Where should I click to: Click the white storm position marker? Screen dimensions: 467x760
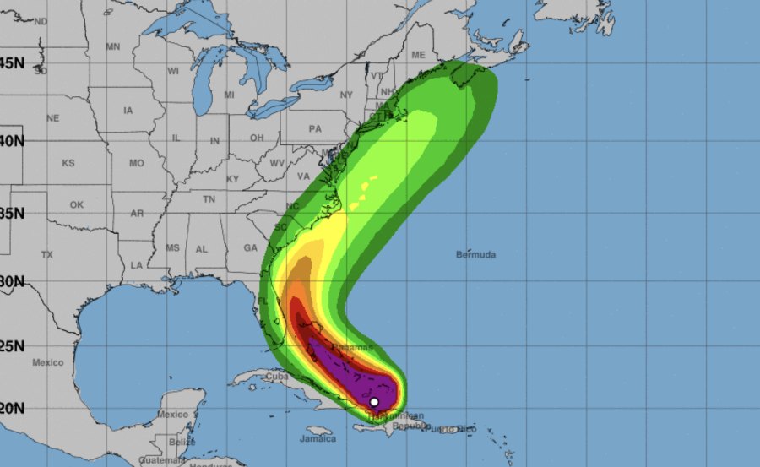pyautogui.click(x=374, y=401)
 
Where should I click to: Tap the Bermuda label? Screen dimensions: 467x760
pyautogui.click(x=475, y=254)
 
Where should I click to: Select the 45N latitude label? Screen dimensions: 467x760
pyautogui.click(x=11, y=63)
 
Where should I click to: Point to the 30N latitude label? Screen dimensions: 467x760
pyautogui.click(x=11, y=281)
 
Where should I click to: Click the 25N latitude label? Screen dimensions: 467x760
pyautogui.click(x=11, y=345)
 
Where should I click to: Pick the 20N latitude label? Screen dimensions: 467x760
pyautogui.click(x=11, y=407)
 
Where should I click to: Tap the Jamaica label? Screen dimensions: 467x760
pyautogui.click(x=317, y=438)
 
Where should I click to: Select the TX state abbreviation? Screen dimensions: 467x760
pyautogui.click(x=47, y=254)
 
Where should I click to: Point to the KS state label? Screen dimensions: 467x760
pyautogui.click(x=68, y=163)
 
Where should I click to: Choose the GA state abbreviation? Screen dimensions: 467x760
pyautogui.click(x=250, y=247)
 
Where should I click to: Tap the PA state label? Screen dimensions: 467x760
pyautogui.click(x=315, y=129)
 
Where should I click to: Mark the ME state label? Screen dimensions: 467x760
pyautogui.click(x=417, y=55)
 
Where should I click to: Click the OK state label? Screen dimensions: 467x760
pyautogui.click(x=77, y=204)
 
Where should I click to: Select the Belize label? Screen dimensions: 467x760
pyautogui.click(x=176, y=442)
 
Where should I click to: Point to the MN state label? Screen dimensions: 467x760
pyautogui.click(x=113, y=46)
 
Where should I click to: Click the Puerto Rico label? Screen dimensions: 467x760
pyautogui.click(x=451, y=430)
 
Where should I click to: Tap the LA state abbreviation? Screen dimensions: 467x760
pyautogui.click(x=136, y=265)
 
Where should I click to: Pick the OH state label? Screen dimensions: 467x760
pyautogui.click(x=258, y=138)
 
